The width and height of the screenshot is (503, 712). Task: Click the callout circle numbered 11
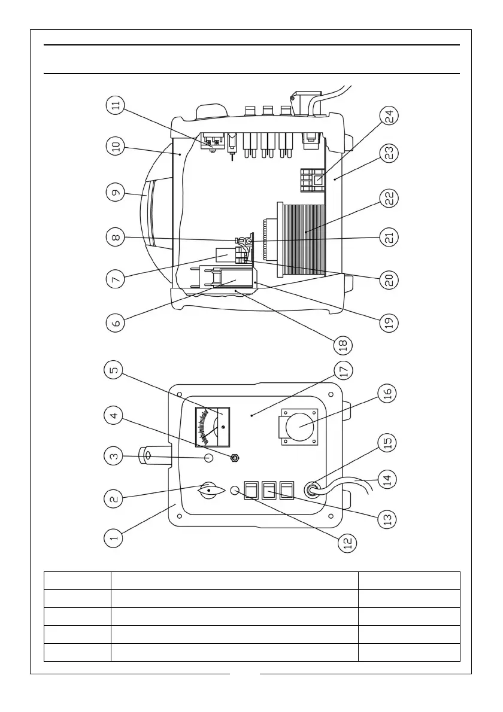(116, 107)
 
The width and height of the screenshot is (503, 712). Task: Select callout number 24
(392, 116)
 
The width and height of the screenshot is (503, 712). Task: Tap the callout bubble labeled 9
(116, 193)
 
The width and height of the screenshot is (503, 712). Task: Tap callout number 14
(392, 479)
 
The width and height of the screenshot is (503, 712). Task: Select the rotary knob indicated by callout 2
(209, 491)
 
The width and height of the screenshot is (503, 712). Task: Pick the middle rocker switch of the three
(270, 492)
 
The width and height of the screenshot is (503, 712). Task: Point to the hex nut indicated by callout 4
(235, 458)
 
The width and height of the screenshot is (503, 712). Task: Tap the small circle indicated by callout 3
(210, 458)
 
